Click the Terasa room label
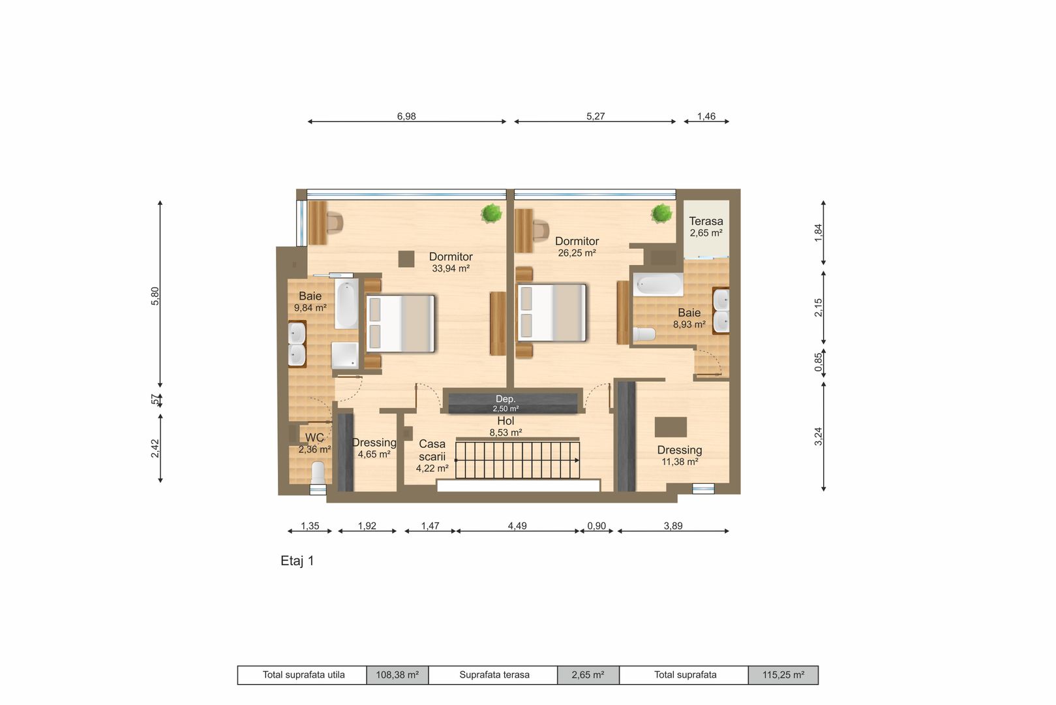pos(706,221)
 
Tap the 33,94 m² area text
pos(451,268)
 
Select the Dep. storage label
pos(505,399)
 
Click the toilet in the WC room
pos(318,473)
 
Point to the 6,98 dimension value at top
pos(406,116)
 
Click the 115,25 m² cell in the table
pos(783,675)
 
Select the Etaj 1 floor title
pos(297,561)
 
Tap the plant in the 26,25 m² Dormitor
pos(661,213)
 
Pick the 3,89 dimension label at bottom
pos(673,525)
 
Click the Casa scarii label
pos(432,450)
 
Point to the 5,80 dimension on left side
pos(155,296)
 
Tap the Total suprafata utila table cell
pos(303,675)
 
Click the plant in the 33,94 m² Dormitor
pos(491,213)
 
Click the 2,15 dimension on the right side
pos(819,307)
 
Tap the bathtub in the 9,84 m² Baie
pos(346,305)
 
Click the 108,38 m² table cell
pos(397,675)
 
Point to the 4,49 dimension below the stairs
pos(517,525)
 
